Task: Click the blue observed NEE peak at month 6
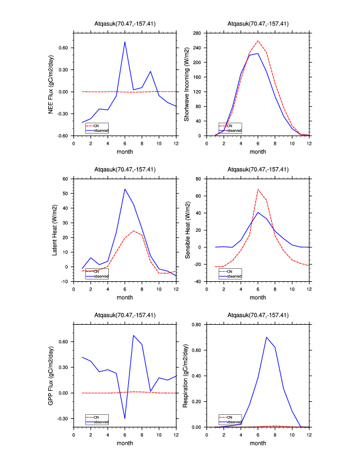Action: coord(125,42)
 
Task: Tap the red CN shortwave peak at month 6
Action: coord(258,41)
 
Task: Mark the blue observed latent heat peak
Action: coord(125,189)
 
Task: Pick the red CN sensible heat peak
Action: coord(258,189)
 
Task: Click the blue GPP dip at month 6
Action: coord(125,418)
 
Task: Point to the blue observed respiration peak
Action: coord(266,337)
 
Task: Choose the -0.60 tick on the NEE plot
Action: coord(64,136)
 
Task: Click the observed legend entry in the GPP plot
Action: coord(102,422)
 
